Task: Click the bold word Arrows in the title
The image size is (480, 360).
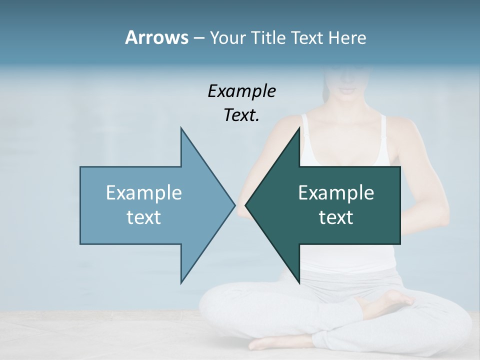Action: [156, 37]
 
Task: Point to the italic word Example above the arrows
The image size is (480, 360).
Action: [241, 91]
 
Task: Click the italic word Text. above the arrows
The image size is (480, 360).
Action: [241, 115]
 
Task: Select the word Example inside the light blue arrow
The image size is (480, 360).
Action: [143, 192]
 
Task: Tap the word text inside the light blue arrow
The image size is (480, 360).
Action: [143, 217]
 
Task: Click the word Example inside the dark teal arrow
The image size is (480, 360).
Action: [336, 192]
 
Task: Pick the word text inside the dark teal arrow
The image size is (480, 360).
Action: [336, 217]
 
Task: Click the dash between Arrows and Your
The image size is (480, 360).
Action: [198, 38]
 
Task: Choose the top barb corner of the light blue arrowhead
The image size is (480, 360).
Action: [181, 128]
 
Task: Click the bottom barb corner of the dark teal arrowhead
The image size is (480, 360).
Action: [299, 282]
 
